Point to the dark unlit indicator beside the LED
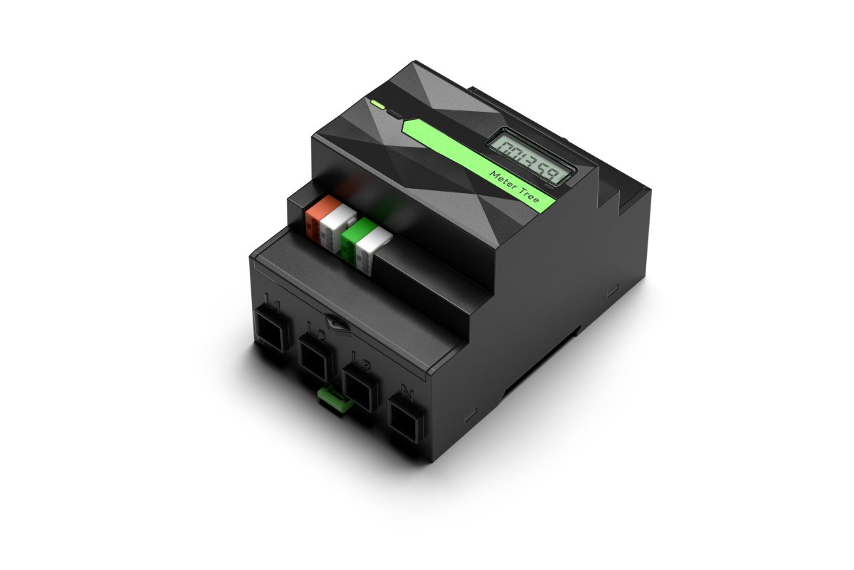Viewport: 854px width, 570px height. [x=394, y=115]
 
